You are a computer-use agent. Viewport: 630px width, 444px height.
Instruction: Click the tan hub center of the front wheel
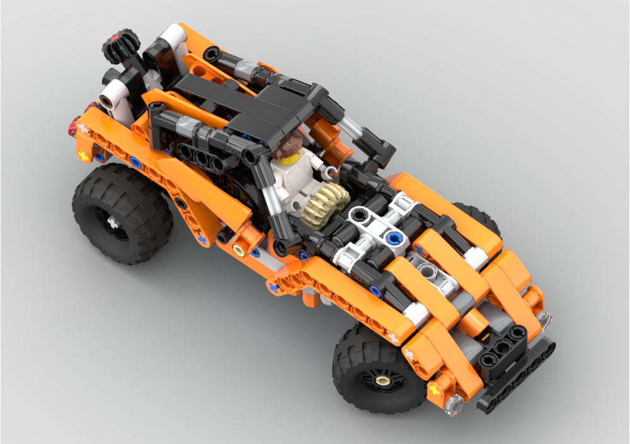[x=382, y=380]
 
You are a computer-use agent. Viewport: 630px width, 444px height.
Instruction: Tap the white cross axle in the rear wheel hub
[x=114, y=222]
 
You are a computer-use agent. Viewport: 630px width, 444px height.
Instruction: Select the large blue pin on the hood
[x=395, y=238]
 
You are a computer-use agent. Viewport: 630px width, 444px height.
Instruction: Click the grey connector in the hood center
[x=429, y=273]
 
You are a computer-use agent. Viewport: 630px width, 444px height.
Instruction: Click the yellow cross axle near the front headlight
[x=434, y=390]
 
